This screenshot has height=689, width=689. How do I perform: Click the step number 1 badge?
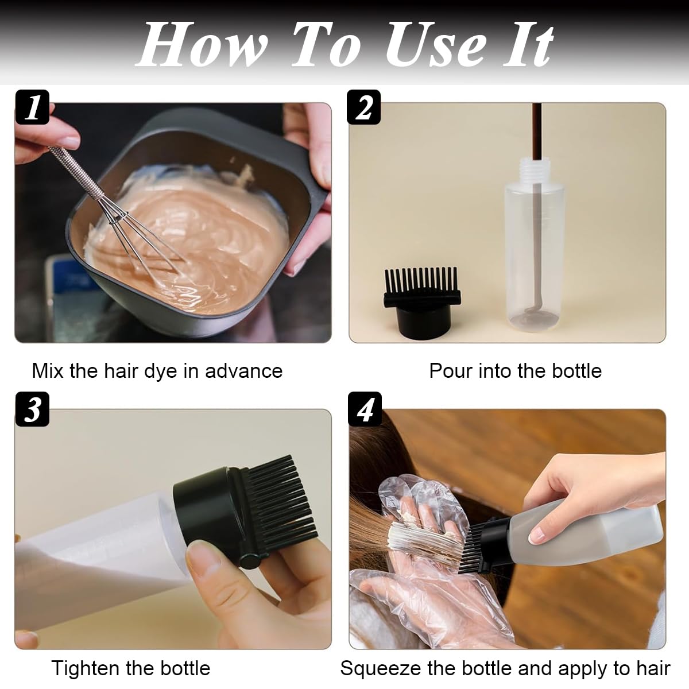[x=32, y=107]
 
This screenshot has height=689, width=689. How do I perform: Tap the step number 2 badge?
[x=364, y=107]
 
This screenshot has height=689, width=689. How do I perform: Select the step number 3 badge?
[x=32, y=409]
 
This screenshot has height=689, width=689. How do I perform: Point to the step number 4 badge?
[x=364, y=409]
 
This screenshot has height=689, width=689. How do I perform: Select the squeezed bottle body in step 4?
[x=580, y=525]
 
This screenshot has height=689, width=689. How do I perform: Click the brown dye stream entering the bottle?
[x=537, y=132]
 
